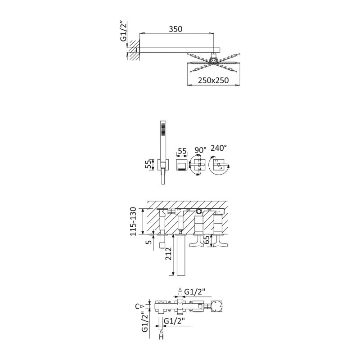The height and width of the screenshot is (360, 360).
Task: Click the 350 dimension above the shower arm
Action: [x=175, y=29]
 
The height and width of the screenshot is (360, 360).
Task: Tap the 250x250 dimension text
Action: [x=213, y=81]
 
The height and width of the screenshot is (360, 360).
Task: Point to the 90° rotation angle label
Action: [x=200, y=150]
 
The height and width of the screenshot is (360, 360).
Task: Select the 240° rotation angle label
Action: [x=219, y=148]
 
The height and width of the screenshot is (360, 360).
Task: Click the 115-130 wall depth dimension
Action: [x=133, y=221]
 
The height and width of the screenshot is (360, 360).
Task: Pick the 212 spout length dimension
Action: [x=168, y=254]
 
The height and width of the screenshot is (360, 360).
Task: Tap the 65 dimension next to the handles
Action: [x=207, y=240]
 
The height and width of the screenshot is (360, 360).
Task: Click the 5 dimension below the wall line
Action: [x=149, y=242]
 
